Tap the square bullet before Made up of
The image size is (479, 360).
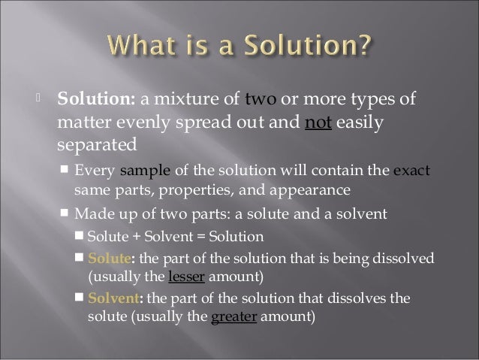tap(65, 213)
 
